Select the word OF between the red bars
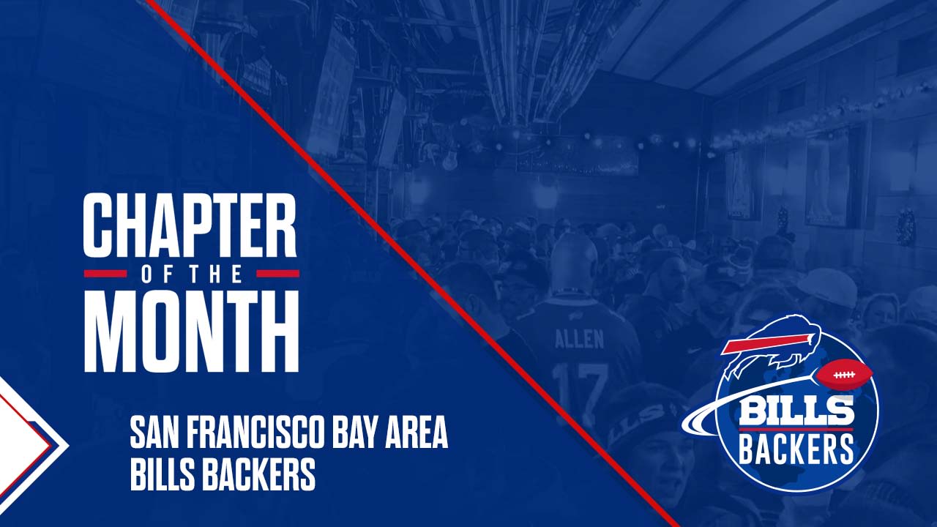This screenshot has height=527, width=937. [156, 274]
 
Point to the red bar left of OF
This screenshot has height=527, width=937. [105, 274]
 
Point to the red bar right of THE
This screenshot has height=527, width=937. [277, 274]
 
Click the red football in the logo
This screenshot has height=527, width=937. [844, 374]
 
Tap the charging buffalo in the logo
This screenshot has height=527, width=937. [772, 346]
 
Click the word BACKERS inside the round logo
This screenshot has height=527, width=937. [796, 448]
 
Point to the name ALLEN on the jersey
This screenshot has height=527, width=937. [579, 339]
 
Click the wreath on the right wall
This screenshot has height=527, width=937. [906, 228]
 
